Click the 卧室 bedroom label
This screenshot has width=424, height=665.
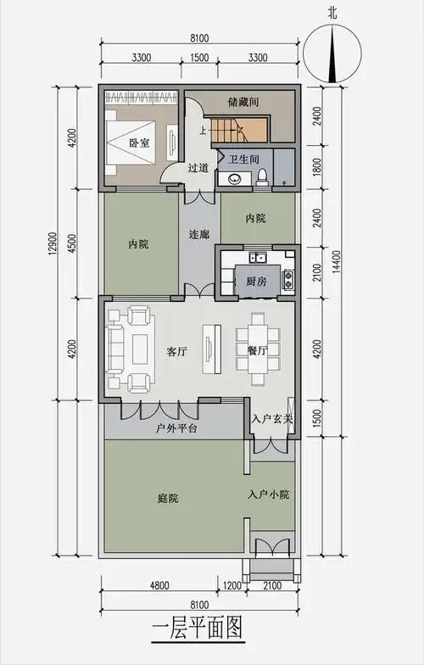pos(140,143)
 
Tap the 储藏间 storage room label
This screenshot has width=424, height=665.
pos(243,102)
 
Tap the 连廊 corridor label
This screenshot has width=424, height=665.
pos(198,233)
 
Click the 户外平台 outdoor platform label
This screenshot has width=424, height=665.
pos(177,428)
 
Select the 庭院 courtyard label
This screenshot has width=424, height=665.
pos(168,498)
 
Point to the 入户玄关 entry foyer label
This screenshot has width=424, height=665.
pos(272,418)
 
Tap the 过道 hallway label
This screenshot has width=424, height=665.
pos(198,168)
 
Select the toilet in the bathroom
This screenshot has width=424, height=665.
pos(263,175)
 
